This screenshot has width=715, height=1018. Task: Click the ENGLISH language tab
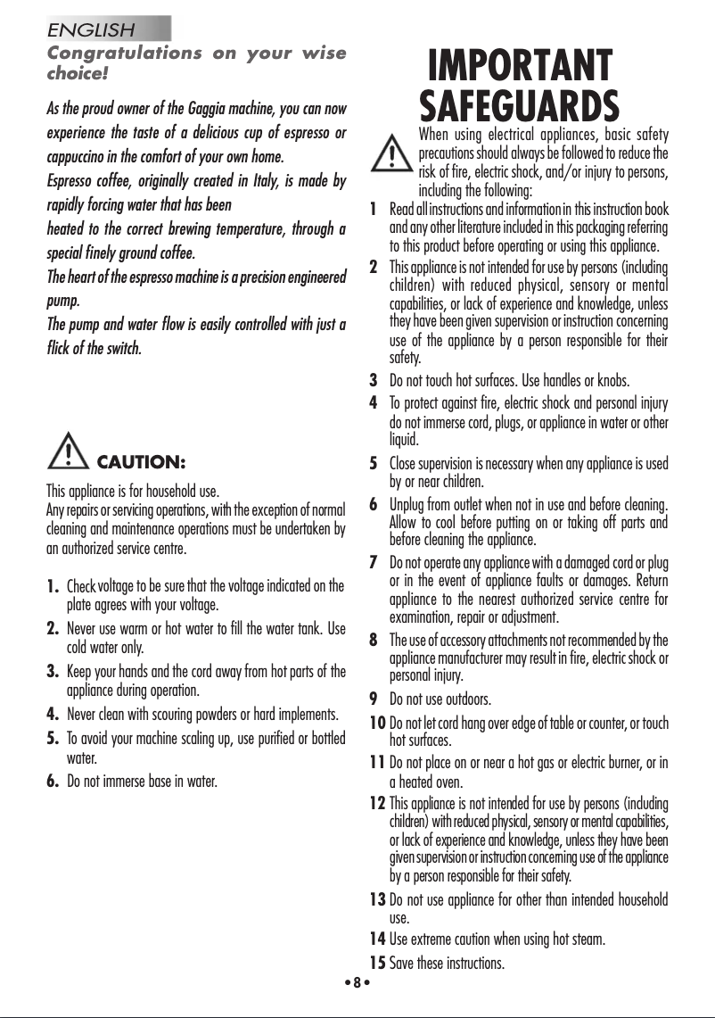click(x=92, y=29)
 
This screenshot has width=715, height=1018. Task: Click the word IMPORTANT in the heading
click(x=520, y=68)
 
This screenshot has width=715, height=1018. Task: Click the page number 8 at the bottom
click(x=356, y=982)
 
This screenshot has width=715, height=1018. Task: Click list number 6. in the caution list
click(x=53, y=782)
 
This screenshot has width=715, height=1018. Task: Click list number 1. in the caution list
click(x=53, y=586)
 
